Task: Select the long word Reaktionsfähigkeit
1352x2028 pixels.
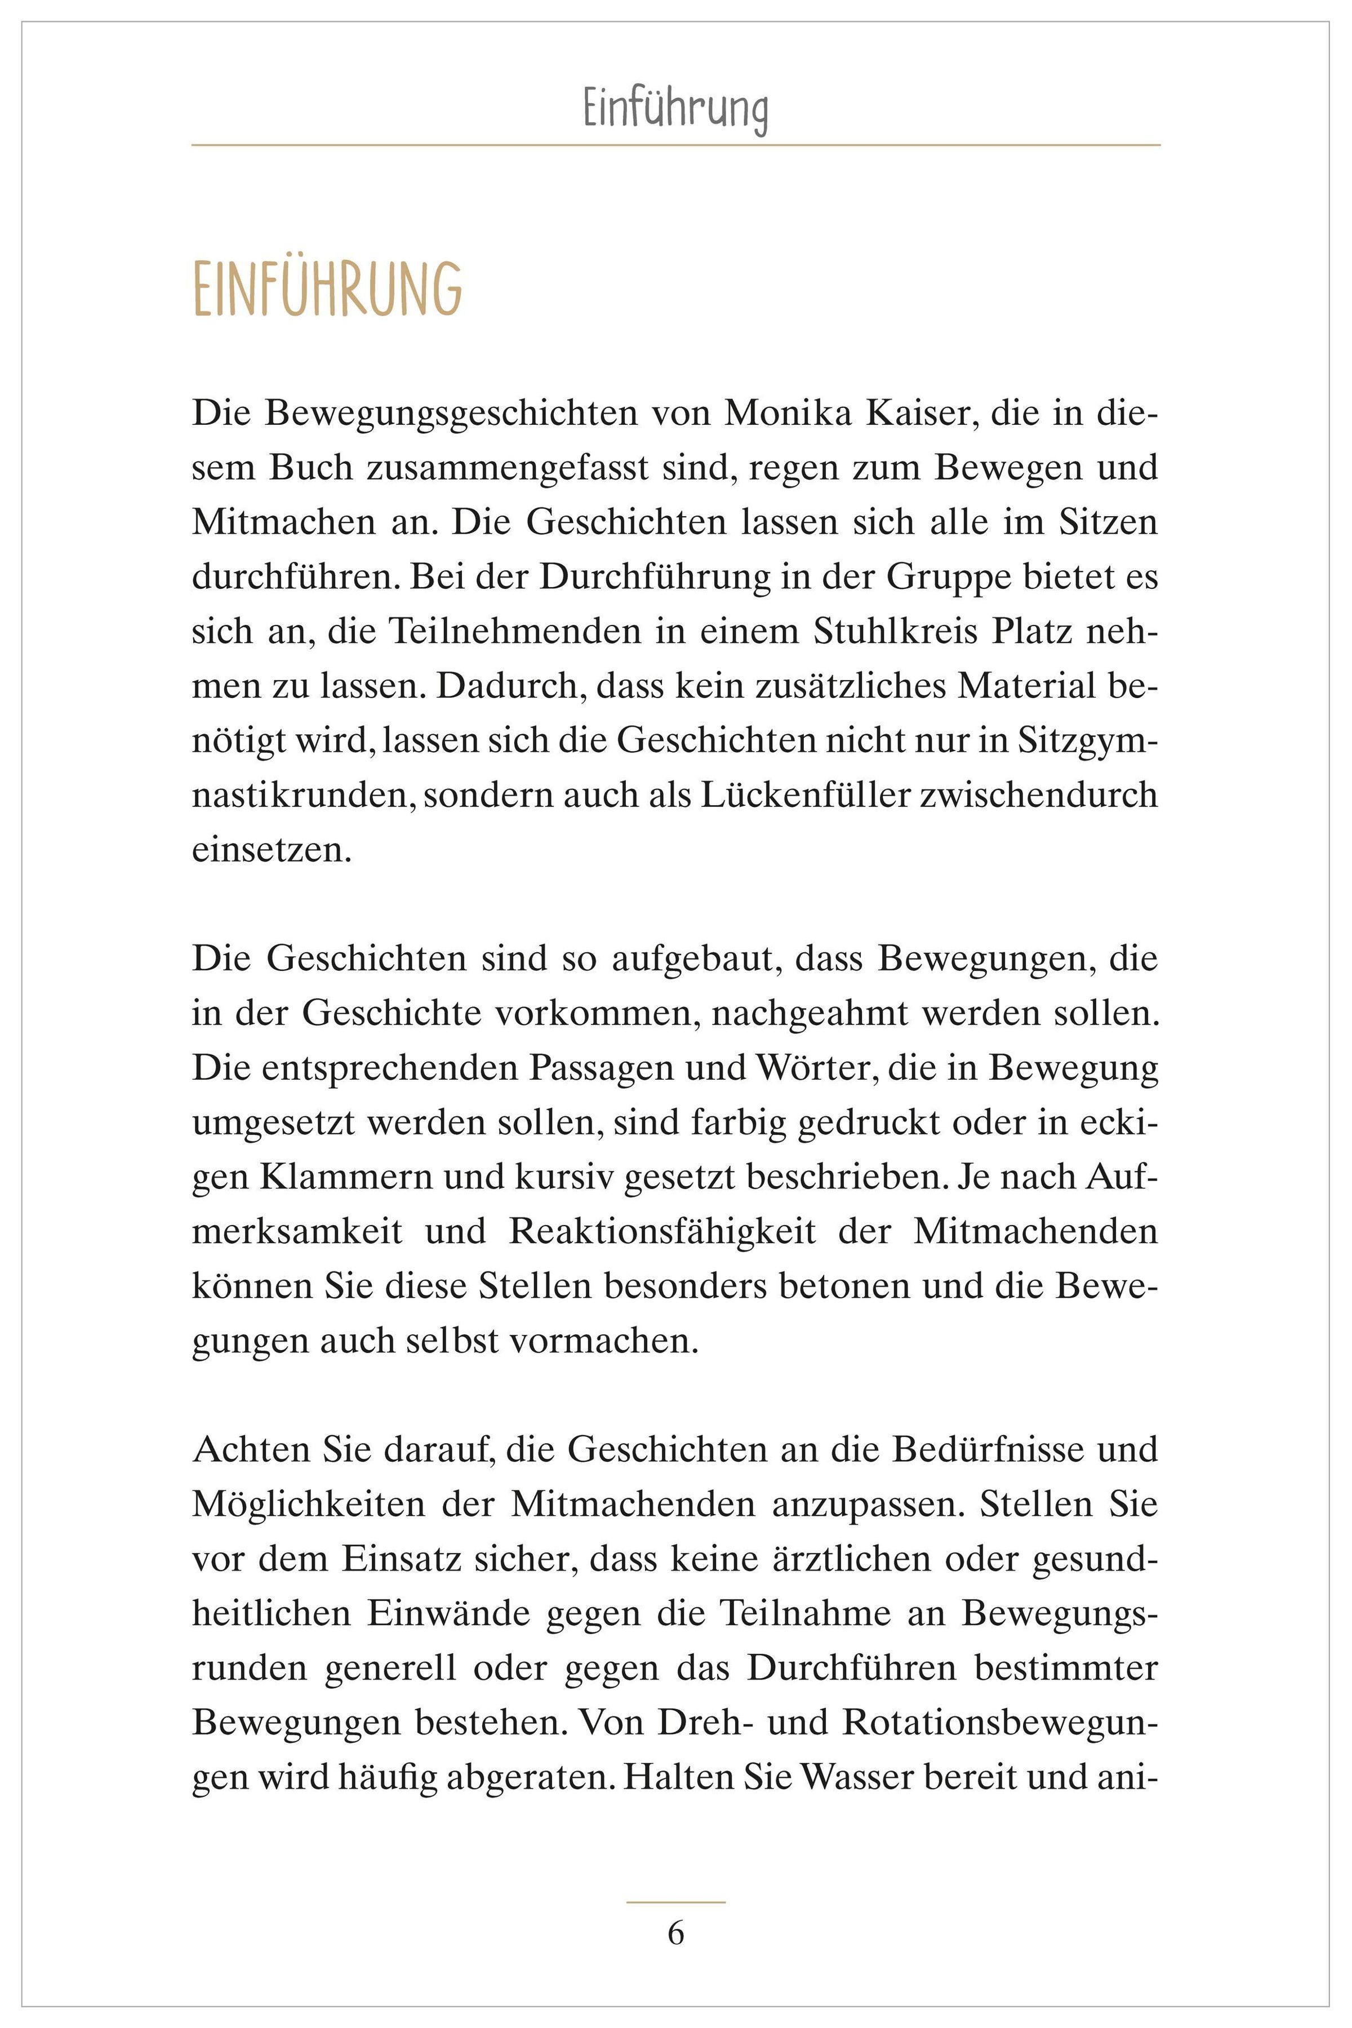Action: (661, 1232)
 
